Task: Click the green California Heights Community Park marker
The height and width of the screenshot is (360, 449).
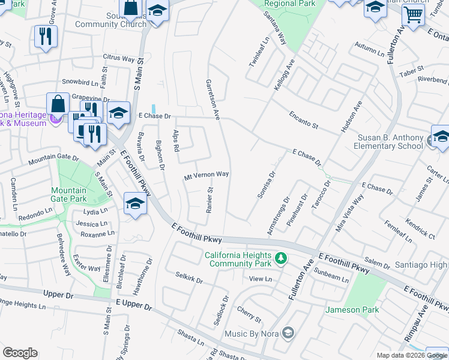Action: pos(280,259)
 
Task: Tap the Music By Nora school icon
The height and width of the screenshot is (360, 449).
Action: pos(288,333)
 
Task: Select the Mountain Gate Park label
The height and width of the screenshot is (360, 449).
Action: pos(68,194)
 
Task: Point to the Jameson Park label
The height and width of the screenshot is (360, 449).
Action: pos(352,310)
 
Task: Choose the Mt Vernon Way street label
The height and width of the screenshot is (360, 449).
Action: pos(206,175)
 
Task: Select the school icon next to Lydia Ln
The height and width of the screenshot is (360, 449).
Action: pos(135,204)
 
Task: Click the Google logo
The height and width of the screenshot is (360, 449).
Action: pos(20,353)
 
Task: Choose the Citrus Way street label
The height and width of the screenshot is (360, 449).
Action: pos(119,59)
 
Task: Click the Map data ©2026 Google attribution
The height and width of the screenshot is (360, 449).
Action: pos(412,355)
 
